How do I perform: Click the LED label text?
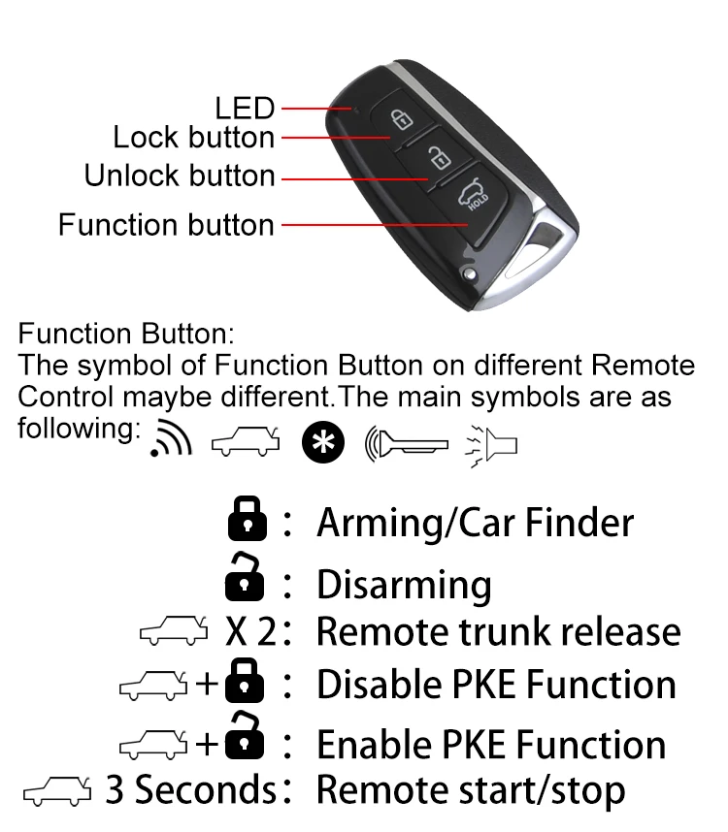[x=245, y=108]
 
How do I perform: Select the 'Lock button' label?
[x=194, y=138]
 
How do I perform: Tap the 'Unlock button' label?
[x=180, y=176]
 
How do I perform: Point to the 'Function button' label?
[x=166, y=225]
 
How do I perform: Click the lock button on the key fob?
[x=398, y=118]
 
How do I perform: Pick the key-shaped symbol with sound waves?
[x=407, y=441]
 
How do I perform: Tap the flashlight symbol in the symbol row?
[x=493, y=441]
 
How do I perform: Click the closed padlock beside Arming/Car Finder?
[x=247, y=521]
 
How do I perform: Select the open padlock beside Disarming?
[x=245, y=576]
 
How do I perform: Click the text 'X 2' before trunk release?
[x=251, y=631]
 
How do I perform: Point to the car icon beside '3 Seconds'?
[x=57, y=790]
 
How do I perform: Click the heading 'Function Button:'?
[x=126, y=336]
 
